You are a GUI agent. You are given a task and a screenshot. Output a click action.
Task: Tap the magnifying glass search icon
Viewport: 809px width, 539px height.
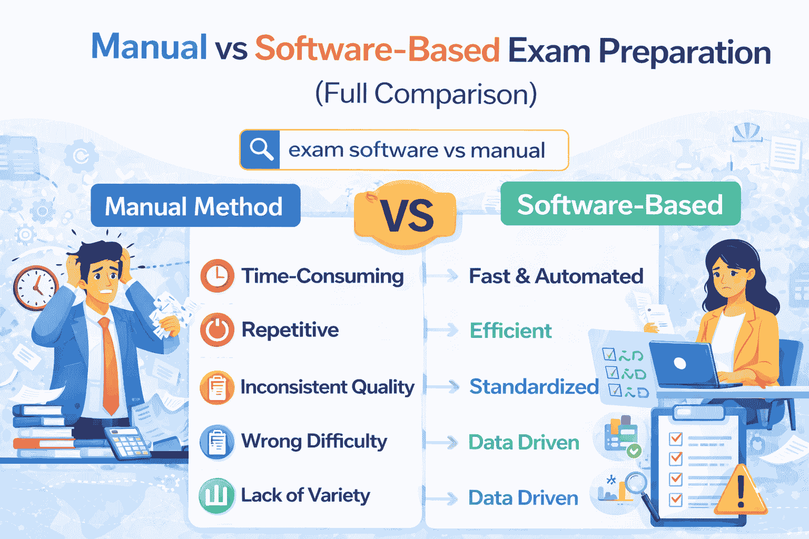(x=260, y=150)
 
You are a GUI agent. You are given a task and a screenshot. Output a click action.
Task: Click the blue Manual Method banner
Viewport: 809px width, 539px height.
(x=195, y=206)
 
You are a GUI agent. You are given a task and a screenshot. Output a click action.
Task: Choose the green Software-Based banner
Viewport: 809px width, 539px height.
(x=620, y=204)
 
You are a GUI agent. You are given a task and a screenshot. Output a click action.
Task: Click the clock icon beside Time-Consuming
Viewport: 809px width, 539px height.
(x=217, y=276)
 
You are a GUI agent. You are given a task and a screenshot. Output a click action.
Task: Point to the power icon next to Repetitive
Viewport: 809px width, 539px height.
(x=217, y=330)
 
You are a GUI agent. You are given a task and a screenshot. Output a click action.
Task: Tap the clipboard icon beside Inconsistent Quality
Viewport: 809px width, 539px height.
(x=217, y=388)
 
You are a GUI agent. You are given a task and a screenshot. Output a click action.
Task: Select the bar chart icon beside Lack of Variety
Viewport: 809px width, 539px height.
(x=216, y=495)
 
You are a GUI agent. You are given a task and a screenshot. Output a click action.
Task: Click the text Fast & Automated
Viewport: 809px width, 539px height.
(x=556, y=276)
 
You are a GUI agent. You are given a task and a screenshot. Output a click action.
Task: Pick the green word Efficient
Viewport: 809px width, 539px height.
(x=510, y=331)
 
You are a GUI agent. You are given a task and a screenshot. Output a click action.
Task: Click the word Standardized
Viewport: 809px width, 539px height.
(x=534, y=387)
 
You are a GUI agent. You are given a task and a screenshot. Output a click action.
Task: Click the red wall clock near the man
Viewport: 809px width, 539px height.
(x=36, y=287)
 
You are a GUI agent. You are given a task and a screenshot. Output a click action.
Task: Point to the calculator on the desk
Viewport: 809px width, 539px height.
(x=127, y=442)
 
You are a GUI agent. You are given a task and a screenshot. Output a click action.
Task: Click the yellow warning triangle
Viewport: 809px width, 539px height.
(x=741, y=492)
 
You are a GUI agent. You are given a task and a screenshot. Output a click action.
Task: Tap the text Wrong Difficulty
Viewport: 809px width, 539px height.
(x=314, y=441)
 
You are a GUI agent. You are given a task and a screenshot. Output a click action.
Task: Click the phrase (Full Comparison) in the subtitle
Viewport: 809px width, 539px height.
(x=426, y=94)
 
